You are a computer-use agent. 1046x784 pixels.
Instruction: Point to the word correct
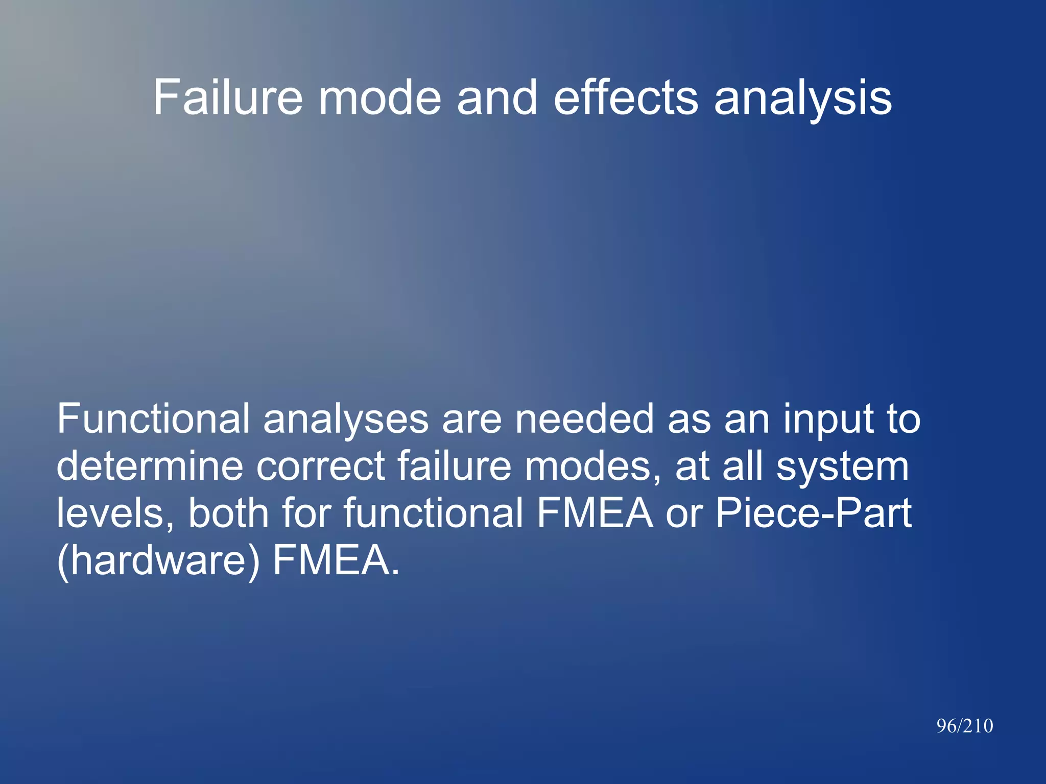320,467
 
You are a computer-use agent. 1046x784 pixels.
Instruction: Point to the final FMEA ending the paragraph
336,560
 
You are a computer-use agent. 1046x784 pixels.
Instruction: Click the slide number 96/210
964,726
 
